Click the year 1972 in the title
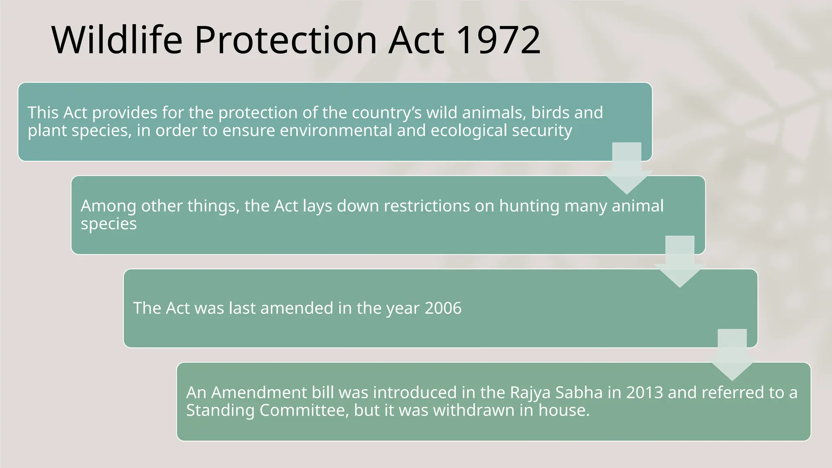(x=498, y=40)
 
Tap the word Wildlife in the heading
(x=117, y=40)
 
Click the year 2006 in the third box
(x=443, y=308)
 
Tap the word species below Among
(x=109, y=224)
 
